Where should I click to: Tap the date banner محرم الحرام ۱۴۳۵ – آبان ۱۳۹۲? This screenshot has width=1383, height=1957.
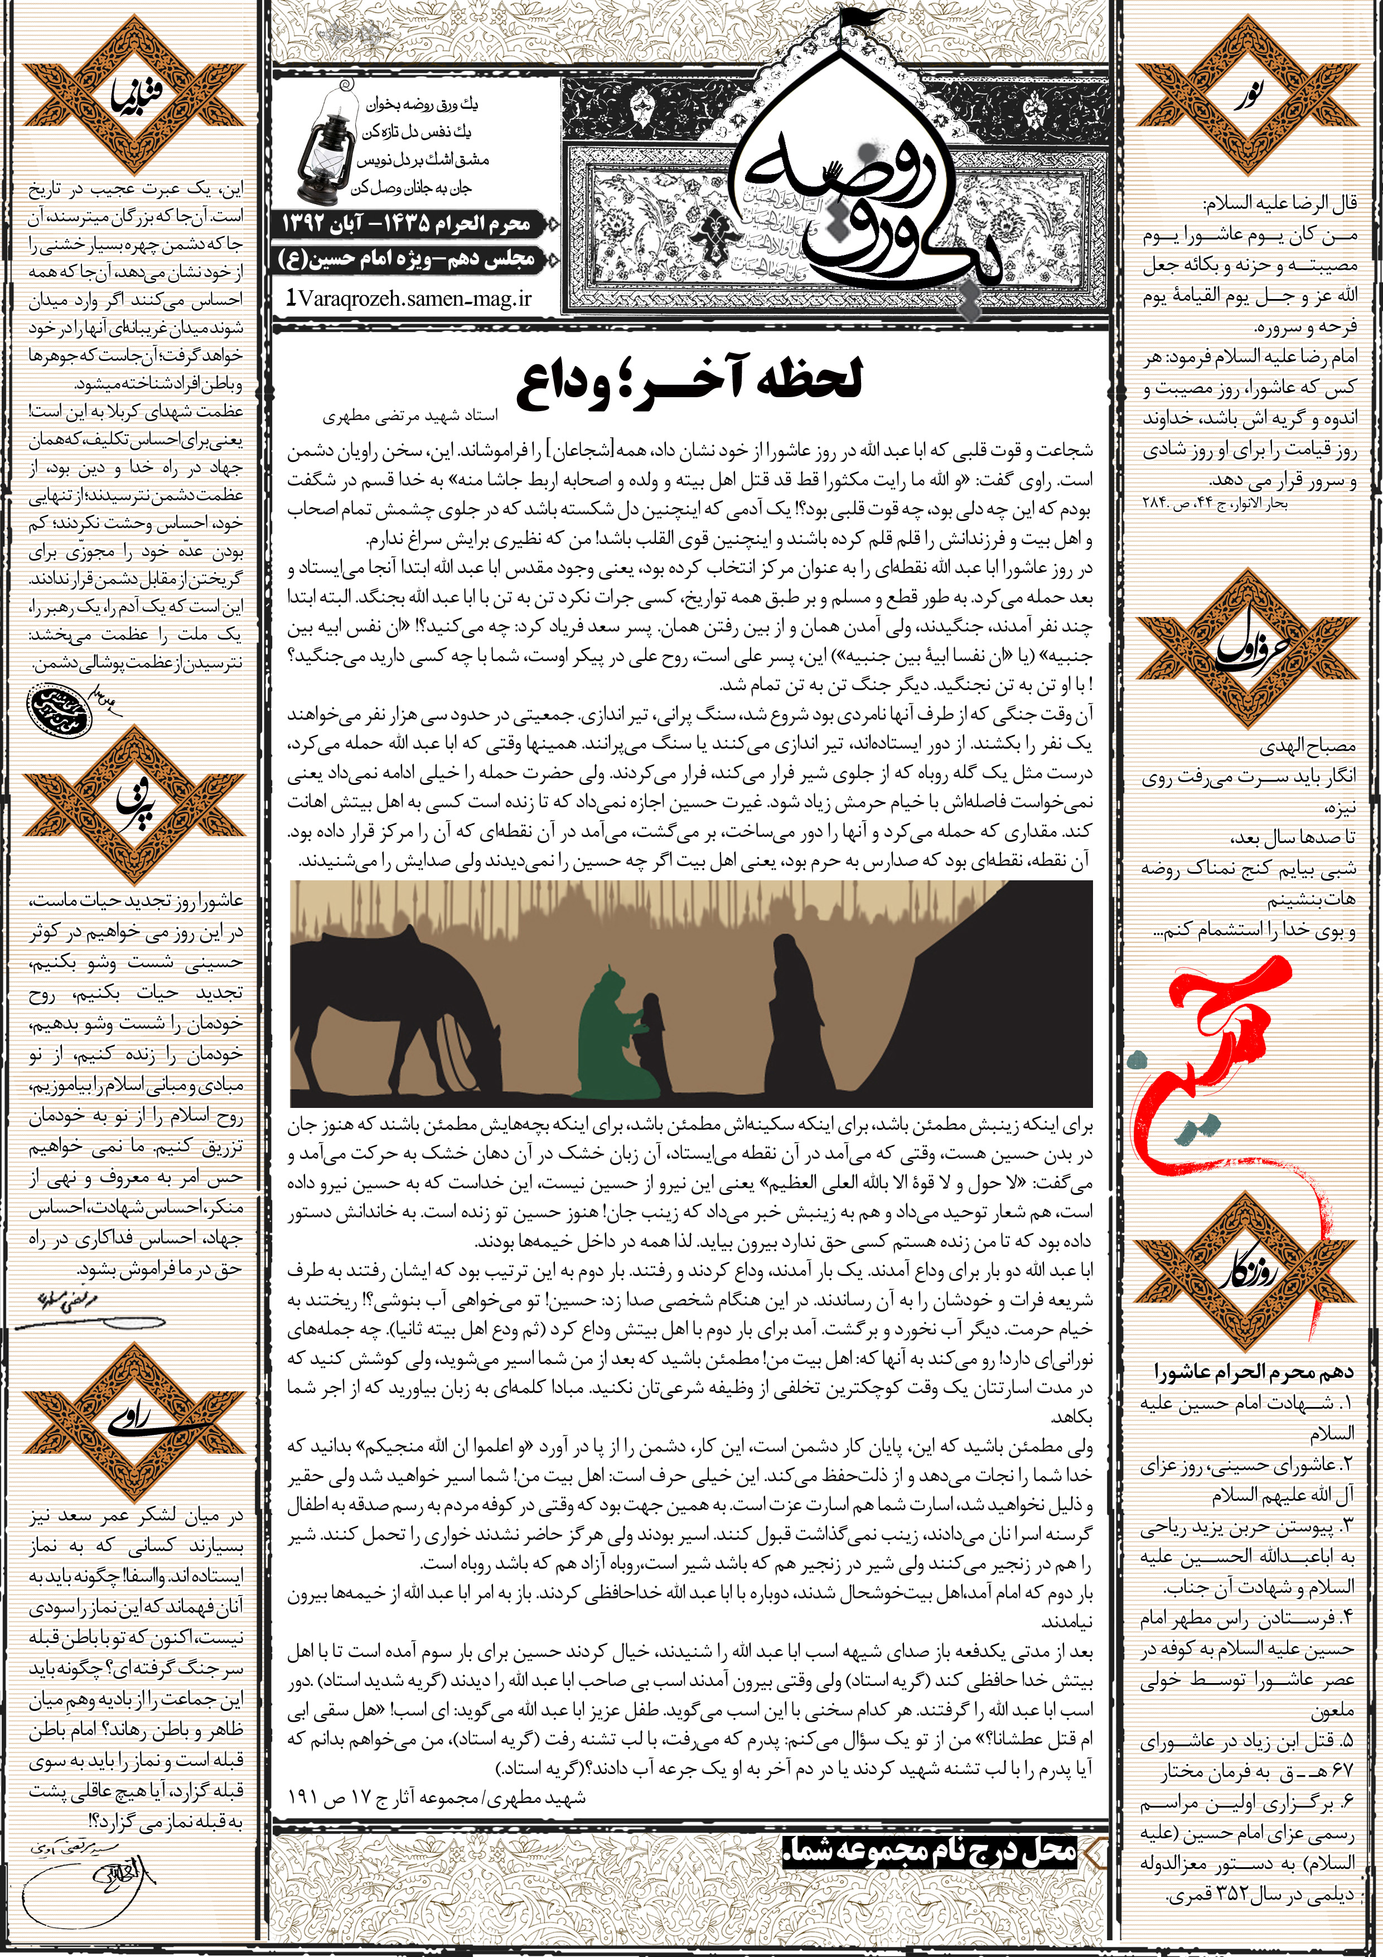tap(407, 224)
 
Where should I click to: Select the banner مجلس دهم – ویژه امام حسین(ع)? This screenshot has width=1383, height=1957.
tap(407, 259)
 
